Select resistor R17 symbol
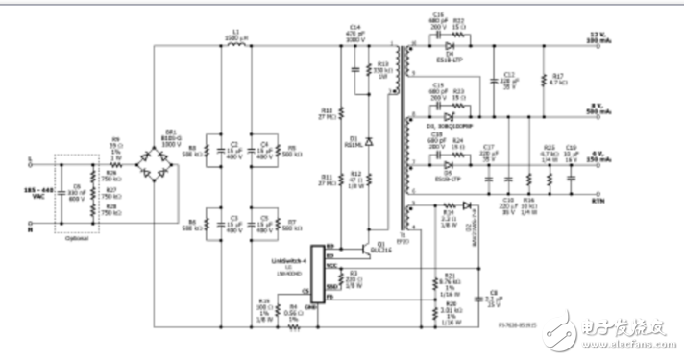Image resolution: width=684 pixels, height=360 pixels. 542,83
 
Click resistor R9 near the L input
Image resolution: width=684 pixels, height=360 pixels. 106,154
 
